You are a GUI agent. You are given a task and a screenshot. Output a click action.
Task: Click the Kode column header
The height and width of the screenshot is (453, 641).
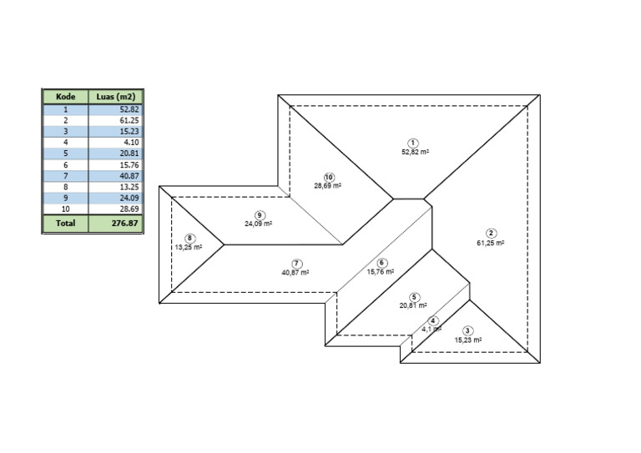(x=65, y=97)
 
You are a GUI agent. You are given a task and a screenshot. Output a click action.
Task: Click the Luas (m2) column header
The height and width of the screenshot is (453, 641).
(x=116, y=97)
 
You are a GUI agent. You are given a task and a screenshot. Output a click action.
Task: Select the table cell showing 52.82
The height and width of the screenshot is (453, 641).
(x=116, y=109)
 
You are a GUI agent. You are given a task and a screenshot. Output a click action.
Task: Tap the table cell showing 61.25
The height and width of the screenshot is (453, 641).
(x=116, y=120)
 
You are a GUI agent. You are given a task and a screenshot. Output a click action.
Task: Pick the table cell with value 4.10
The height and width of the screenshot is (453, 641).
(x=116, y=143)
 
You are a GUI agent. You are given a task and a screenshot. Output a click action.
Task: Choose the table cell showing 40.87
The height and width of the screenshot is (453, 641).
(x=116, y=176)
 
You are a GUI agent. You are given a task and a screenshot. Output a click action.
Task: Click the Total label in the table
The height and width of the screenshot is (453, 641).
(x=65, y=224)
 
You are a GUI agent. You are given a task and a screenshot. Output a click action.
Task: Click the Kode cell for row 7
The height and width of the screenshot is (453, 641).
(x=65, y=176)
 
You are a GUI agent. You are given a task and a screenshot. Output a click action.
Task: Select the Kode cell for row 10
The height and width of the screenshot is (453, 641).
(x=65, y=209)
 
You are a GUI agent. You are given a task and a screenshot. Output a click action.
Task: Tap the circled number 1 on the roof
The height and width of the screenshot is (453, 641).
(x=413, y=143)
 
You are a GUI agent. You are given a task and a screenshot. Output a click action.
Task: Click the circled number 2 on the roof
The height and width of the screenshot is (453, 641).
(x=491, y=234)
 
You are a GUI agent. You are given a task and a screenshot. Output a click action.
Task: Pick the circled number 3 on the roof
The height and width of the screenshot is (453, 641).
(x=467, y=331)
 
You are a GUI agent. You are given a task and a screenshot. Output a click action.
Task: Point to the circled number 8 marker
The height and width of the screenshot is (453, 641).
(x=189, y=239)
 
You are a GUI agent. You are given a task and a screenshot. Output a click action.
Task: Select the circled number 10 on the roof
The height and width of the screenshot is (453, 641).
(x=329, y=177)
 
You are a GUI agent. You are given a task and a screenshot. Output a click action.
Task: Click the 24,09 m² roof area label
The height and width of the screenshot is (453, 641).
(x=259, y=224)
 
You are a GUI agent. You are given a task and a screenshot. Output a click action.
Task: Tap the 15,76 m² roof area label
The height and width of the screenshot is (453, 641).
(x=381, y=272)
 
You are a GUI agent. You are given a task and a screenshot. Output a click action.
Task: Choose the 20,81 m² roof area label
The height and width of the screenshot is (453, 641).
(x=413, y=305)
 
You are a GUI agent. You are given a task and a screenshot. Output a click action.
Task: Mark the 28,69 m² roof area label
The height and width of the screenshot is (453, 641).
(x=327, y=186)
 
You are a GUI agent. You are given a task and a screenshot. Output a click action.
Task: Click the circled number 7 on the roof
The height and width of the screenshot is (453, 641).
(x=296, y=264)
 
